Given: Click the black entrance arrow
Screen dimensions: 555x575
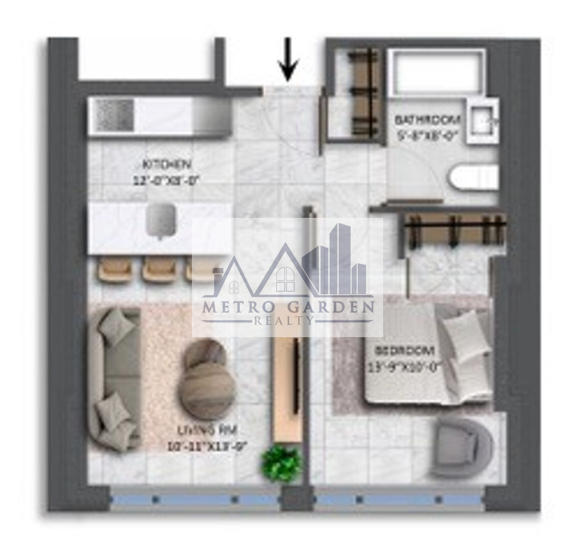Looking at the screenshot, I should click(x=288, y=64).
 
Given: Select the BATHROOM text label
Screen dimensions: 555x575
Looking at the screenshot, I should click(x=428, y=121).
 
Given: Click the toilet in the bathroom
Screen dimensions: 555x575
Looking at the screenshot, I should click(x=474, y=178).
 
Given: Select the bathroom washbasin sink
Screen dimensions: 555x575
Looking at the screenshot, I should click(x=481, y=121).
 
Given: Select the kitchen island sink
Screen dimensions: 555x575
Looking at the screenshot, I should click(x=160, y=219).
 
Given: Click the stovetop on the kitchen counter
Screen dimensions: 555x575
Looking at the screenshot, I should click(x=115, y=117).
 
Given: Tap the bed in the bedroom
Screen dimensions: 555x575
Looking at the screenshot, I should click(x=428, y=360).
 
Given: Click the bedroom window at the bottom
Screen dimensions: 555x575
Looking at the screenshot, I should click(x=398, y=501).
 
